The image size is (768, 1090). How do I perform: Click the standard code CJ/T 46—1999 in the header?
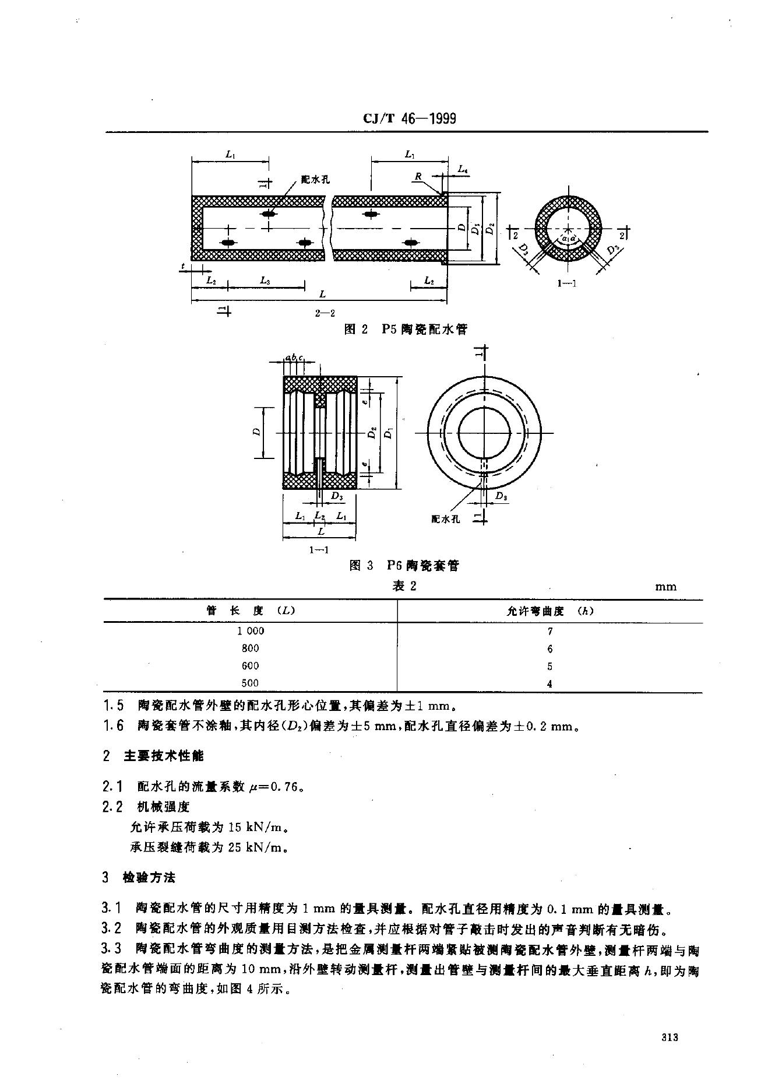click(409, 119)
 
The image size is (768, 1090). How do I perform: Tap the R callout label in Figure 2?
click(417, 176)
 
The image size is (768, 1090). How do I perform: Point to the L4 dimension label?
click(463, 169)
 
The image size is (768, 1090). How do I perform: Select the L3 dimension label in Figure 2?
click(265, 281)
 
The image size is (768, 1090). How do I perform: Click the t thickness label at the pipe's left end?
click(182, 266)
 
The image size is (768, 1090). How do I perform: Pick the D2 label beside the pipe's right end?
click(491, 229)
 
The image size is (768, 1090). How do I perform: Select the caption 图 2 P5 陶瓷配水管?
click(406, 330)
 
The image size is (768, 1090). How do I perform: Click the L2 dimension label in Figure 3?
click(319, 516)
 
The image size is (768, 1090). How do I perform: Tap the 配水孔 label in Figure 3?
click(446, 519)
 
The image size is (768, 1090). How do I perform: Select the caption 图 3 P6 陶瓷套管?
click(404, 565)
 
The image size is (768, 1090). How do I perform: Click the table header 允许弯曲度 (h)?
click(549, 611)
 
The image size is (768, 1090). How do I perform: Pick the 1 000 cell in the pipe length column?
click(251, 630)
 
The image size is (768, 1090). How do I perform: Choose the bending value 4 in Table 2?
click(550, 684)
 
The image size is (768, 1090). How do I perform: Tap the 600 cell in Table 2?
click(250, 665)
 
